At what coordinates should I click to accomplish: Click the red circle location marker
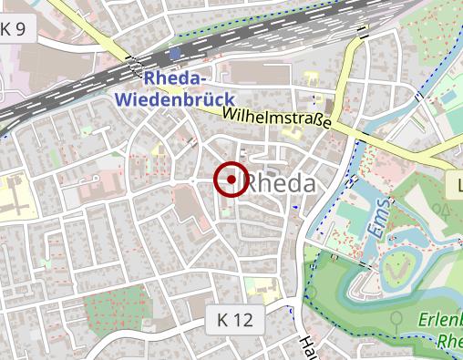pyautogui.click(x=231, y=180)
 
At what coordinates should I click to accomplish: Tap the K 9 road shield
pyautogui.click(x=18, y=28)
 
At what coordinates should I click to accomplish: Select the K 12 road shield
pyautogui.click(x=235, y=320)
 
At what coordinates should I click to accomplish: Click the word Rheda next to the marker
pyautogui.click(x=283, y=183)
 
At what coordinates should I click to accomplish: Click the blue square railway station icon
pyautogui.click(x=174, y=55)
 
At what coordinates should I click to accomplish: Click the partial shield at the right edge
pyautogui.click(x=456, y=187)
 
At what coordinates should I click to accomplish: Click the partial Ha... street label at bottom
pyautogui.click(x=308, y=347)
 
